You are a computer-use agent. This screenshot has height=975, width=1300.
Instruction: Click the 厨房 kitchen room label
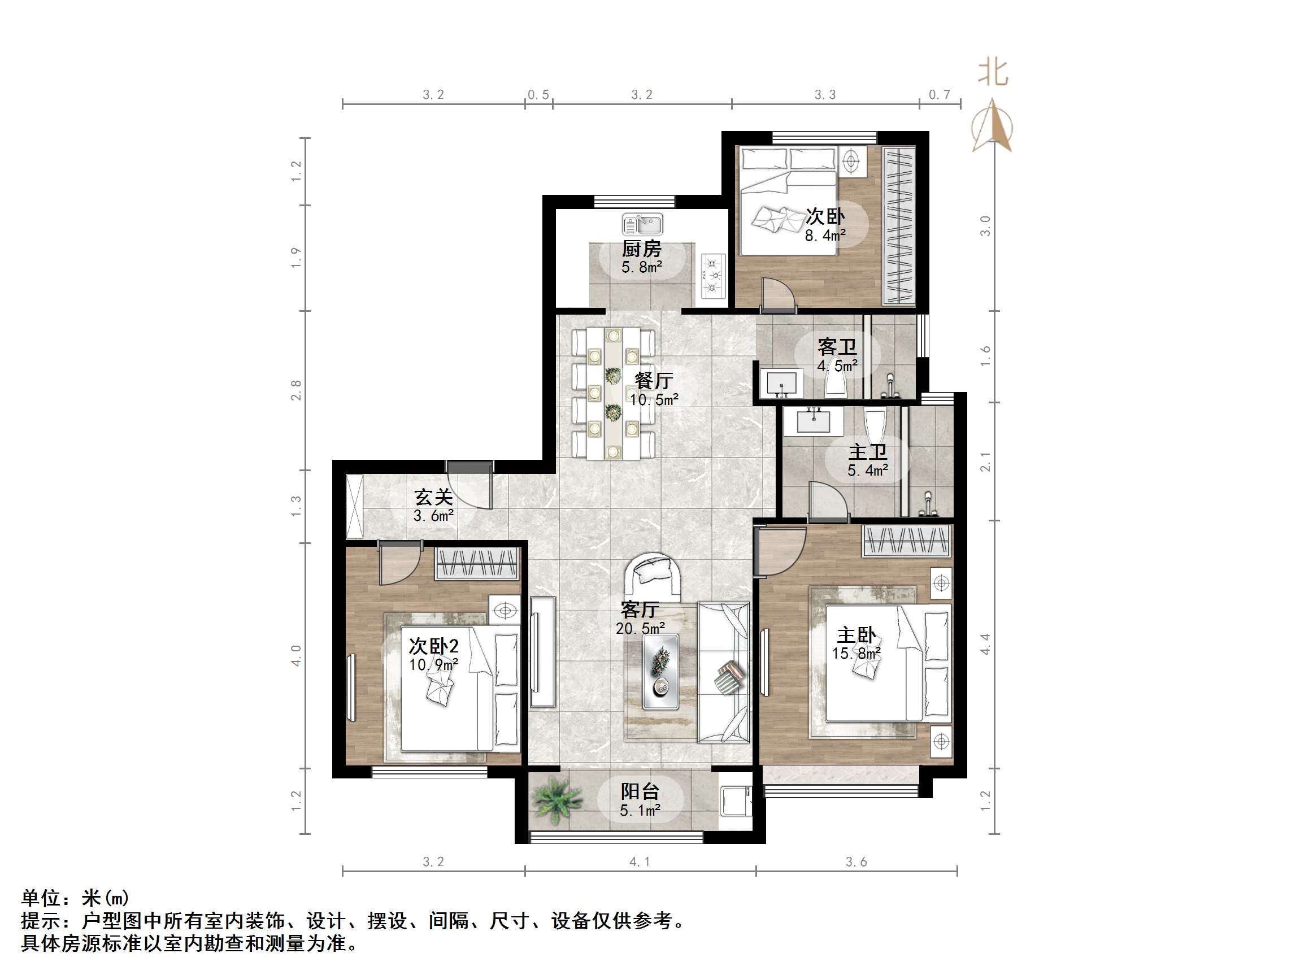click(641, 249)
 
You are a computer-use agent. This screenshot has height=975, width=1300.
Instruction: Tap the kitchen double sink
click(642, 224)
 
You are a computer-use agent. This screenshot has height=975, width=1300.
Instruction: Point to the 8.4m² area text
click(825, 236)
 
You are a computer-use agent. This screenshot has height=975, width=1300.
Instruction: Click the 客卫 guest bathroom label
click(837, 347)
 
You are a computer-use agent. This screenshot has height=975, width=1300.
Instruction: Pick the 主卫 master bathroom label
click(867, 452)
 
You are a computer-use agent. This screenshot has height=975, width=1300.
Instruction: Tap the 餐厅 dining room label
click(654, 381)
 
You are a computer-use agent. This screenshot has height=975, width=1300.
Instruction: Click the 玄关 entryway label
click(434, 498)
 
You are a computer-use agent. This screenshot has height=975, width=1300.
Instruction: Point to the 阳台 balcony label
click(640, 791)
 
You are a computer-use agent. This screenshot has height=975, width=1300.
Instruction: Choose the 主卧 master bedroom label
click(856, 636)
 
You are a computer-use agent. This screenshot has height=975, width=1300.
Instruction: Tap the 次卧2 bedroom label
click(434, 646)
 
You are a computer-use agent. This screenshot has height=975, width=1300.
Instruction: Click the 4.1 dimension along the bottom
click(640, 862)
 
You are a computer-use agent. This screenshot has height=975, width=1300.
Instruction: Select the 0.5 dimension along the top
click(538, 95)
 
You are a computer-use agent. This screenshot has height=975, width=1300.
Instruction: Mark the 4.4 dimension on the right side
click(985, 645)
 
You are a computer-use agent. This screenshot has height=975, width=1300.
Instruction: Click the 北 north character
click(993, 73)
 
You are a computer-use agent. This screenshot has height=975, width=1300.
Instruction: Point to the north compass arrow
click(993, 125)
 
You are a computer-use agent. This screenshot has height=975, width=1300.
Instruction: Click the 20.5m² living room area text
click(640, 628)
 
